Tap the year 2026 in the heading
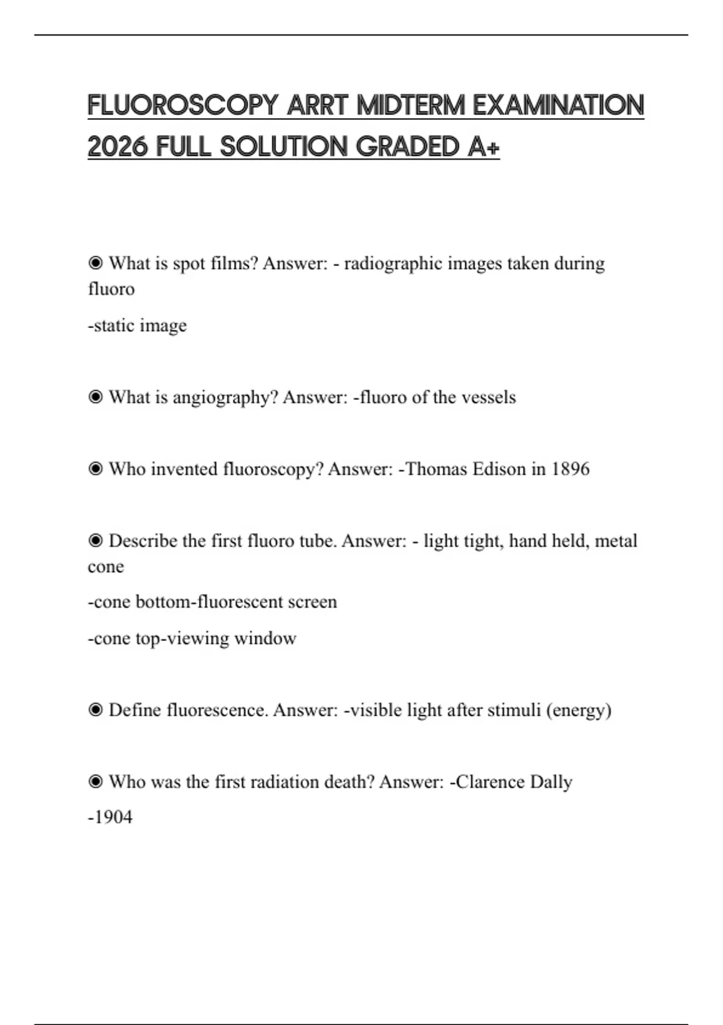[117, 147]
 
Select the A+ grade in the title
[483, 147]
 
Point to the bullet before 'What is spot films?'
[95, 263]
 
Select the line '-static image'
[137, 326]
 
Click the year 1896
[570, 469]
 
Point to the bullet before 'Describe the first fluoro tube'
[95, 540]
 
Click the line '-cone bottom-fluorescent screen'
[212, 602]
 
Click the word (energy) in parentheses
[579, 710]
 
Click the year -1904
[110, 817]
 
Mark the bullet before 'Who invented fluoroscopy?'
[95, 468]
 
